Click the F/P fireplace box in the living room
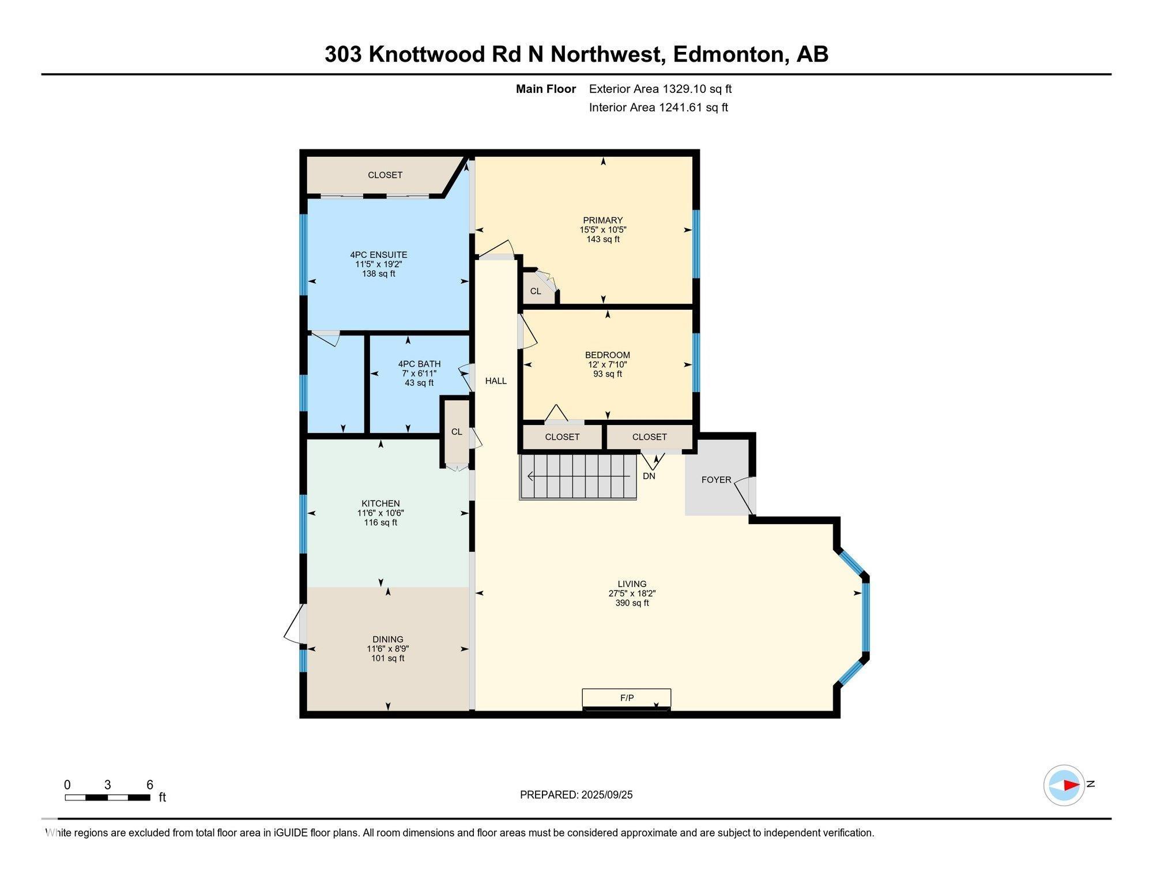(627, 699)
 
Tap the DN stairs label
(649, 476)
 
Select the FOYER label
(716, 480)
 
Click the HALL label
(496, 381)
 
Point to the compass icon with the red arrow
(1064, 785)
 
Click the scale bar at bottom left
(108, 798)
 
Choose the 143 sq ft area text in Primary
(603, 239)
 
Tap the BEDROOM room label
(608, 355)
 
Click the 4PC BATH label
(419, 364)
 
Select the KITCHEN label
(380, 503)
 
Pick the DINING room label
(388, 639)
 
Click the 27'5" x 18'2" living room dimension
(632, 593)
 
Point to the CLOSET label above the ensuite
(385, 175)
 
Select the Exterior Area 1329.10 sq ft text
(660, 89)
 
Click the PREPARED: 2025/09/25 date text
(576, 795)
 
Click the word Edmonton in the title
(729, 54)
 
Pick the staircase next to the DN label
(578, 477)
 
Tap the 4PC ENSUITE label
(379, 255)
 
